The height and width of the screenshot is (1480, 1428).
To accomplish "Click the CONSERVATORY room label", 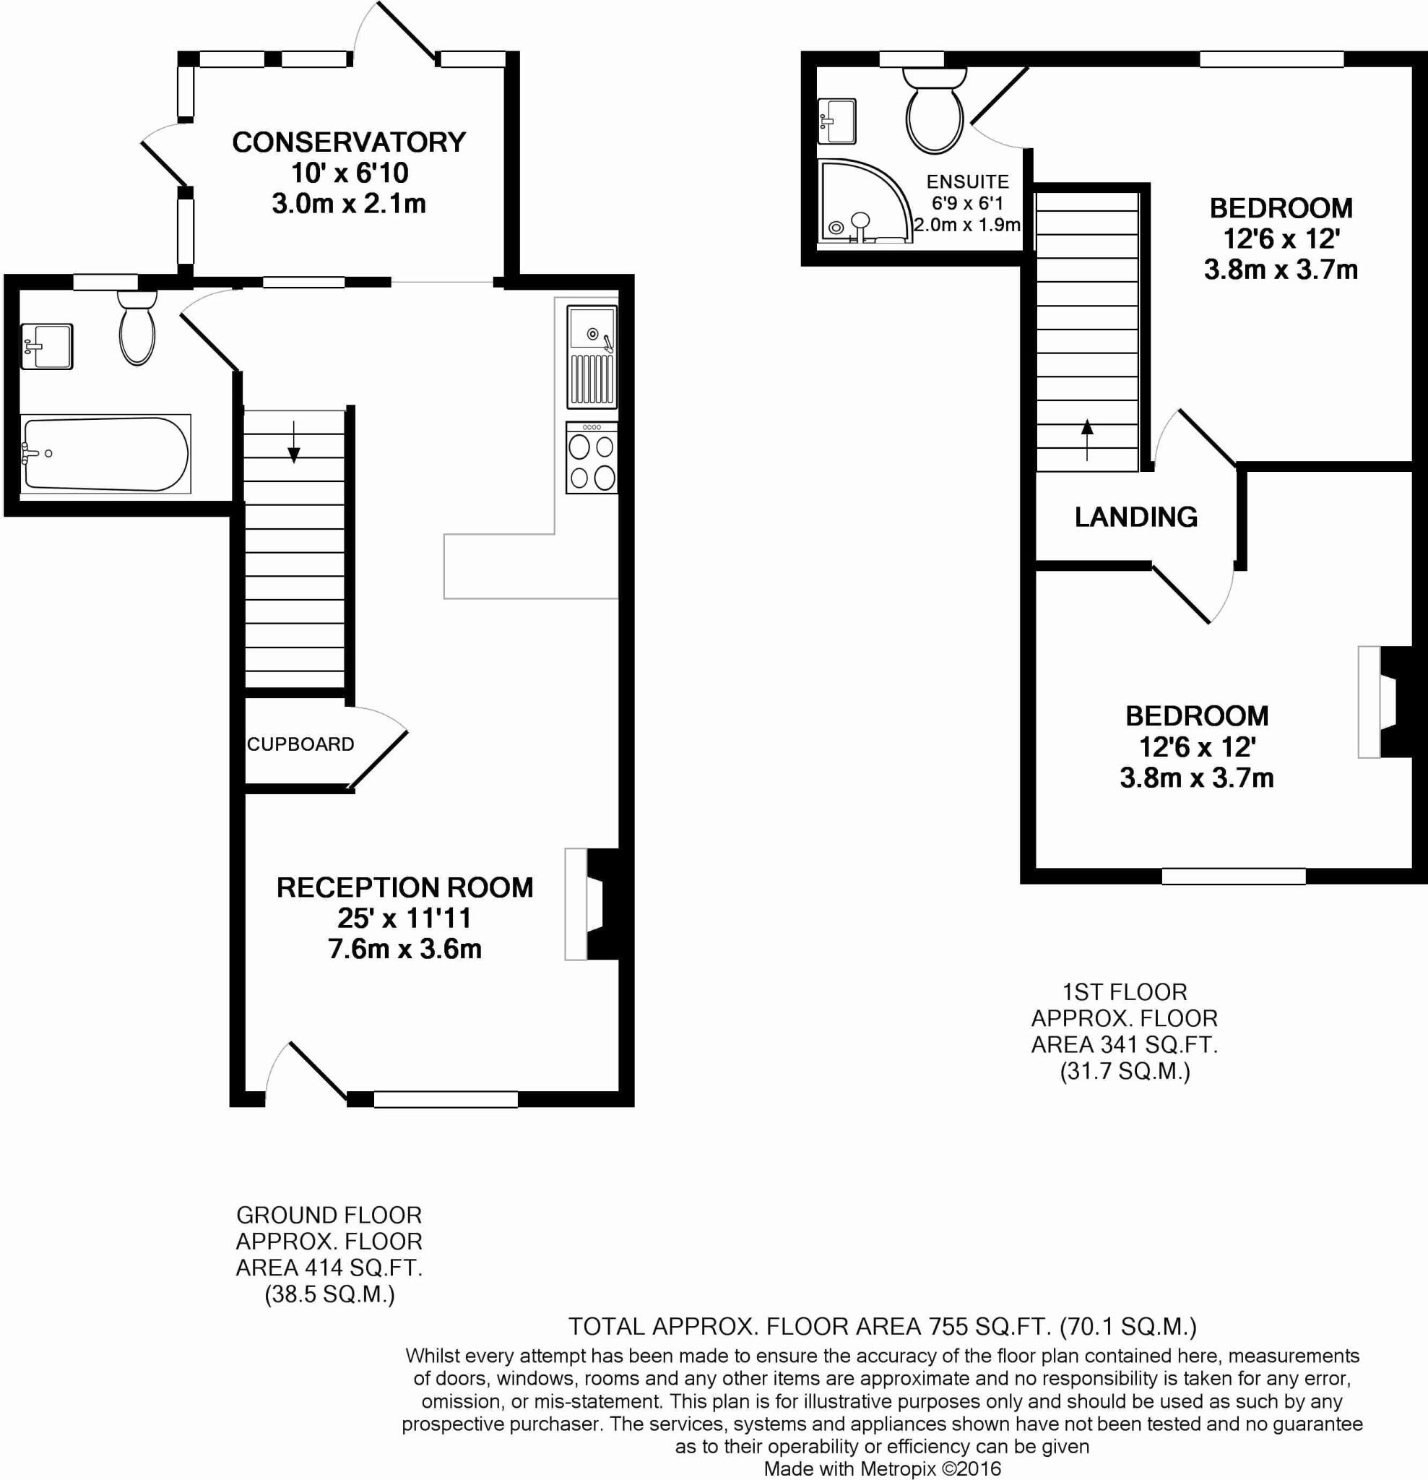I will [349, 142].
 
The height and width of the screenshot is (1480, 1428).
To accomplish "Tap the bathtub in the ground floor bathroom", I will [105, 454].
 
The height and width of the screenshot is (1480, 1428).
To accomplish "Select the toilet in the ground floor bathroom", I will [137, 330].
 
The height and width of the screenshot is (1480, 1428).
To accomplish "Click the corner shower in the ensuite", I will [860, 202].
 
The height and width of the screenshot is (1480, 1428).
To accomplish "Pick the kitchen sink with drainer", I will [592, 356].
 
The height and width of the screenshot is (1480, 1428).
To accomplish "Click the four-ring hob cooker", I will [592, 458].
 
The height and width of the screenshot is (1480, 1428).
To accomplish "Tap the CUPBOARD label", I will [300, 744].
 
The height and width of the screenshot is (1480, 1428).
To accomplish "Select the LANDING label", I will [1136, 517].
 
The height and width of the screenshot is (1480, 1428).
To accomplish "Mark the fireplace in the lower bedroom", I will [1385, 702].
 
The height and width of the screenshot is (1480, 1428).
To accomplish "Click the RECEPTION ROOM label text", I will [404, 887].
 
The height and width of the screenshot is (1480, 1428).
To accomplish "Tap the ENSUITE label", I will [968, 182].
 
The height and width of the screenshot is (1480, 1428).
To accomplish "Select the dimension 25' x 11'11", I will [404, 918].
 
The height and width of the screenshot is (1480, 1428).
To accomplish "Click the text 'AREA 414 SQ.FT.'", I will [329, 1268].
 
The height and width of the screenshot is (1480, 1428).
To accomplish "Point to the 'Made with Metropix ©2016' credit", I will [883, 1468].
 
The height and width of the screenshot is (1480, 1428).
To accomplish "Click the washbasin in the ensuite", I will [838, 121].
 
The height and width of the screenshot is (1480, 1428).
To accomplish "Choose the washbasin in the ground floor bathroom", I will [47, 347].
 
